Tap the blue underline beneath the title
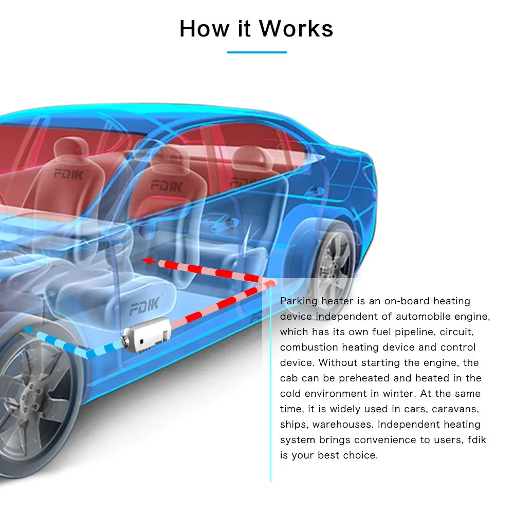[x=257, y=52]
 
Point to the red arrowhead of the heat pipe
[x=149, y=261]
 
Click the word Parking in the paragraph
[x=299, y=301]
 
